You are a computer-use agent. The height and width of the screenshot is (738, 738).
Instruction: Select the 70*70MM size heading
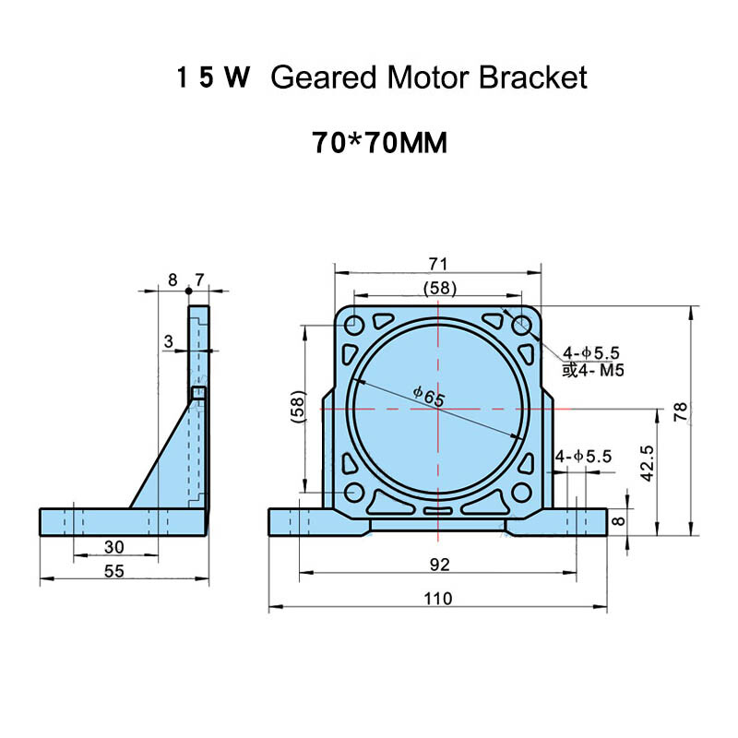[x=380, y=144]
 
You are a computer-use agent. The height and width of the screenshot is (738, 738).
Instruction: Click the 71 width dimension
[x=437, y=263]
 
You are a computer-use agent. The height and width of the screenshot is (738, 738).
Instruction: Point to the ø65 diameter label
[x=428, y=397]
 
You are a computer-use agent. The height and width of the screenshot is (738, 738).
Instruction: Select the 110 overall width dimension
[x=437, y=599]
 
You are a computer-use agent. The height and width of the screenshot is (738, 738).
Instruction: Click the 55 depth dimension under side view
[x=113, y=571]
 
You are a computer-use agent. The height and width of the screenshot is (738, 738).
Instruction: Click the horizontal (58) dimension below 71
[x=437, y=288]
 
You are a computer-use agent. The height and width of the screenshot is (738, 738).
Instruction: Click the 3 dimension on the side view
[x=167, y=342]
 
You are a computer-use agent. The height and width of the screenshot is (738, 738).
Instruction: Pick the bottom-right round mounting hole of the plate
[x=521, y=491]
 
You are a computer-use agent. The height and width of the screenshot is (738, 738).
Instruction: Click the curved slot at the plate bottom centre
[x=437, y=510]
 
